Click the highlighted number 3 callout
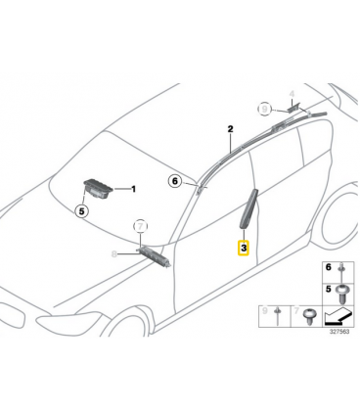coord(244,249)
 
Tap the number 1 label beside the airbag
coord(133,189)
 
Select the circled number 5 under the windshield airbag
coord(81,211)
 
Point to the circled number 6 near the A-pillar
coord(175,180)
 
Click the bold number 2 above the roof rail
coord(231,129)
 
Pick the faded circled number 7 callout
coord(140,226)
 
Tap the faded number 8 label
coord(114,253)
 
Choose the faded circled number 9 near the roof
coord(264,109)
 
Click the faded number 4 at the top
coord(292,94)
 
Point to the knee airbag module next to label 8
coord(154,255)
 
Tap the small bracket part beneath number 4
coord(294,107)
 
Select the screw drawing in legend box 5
coord(341,294)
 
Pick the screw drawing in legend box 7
coord(308,316)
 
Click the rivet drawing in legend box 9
coord(278,315)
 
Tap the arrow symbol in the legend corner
coord(338,317)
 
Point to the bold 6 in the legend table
coord(329,267)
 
